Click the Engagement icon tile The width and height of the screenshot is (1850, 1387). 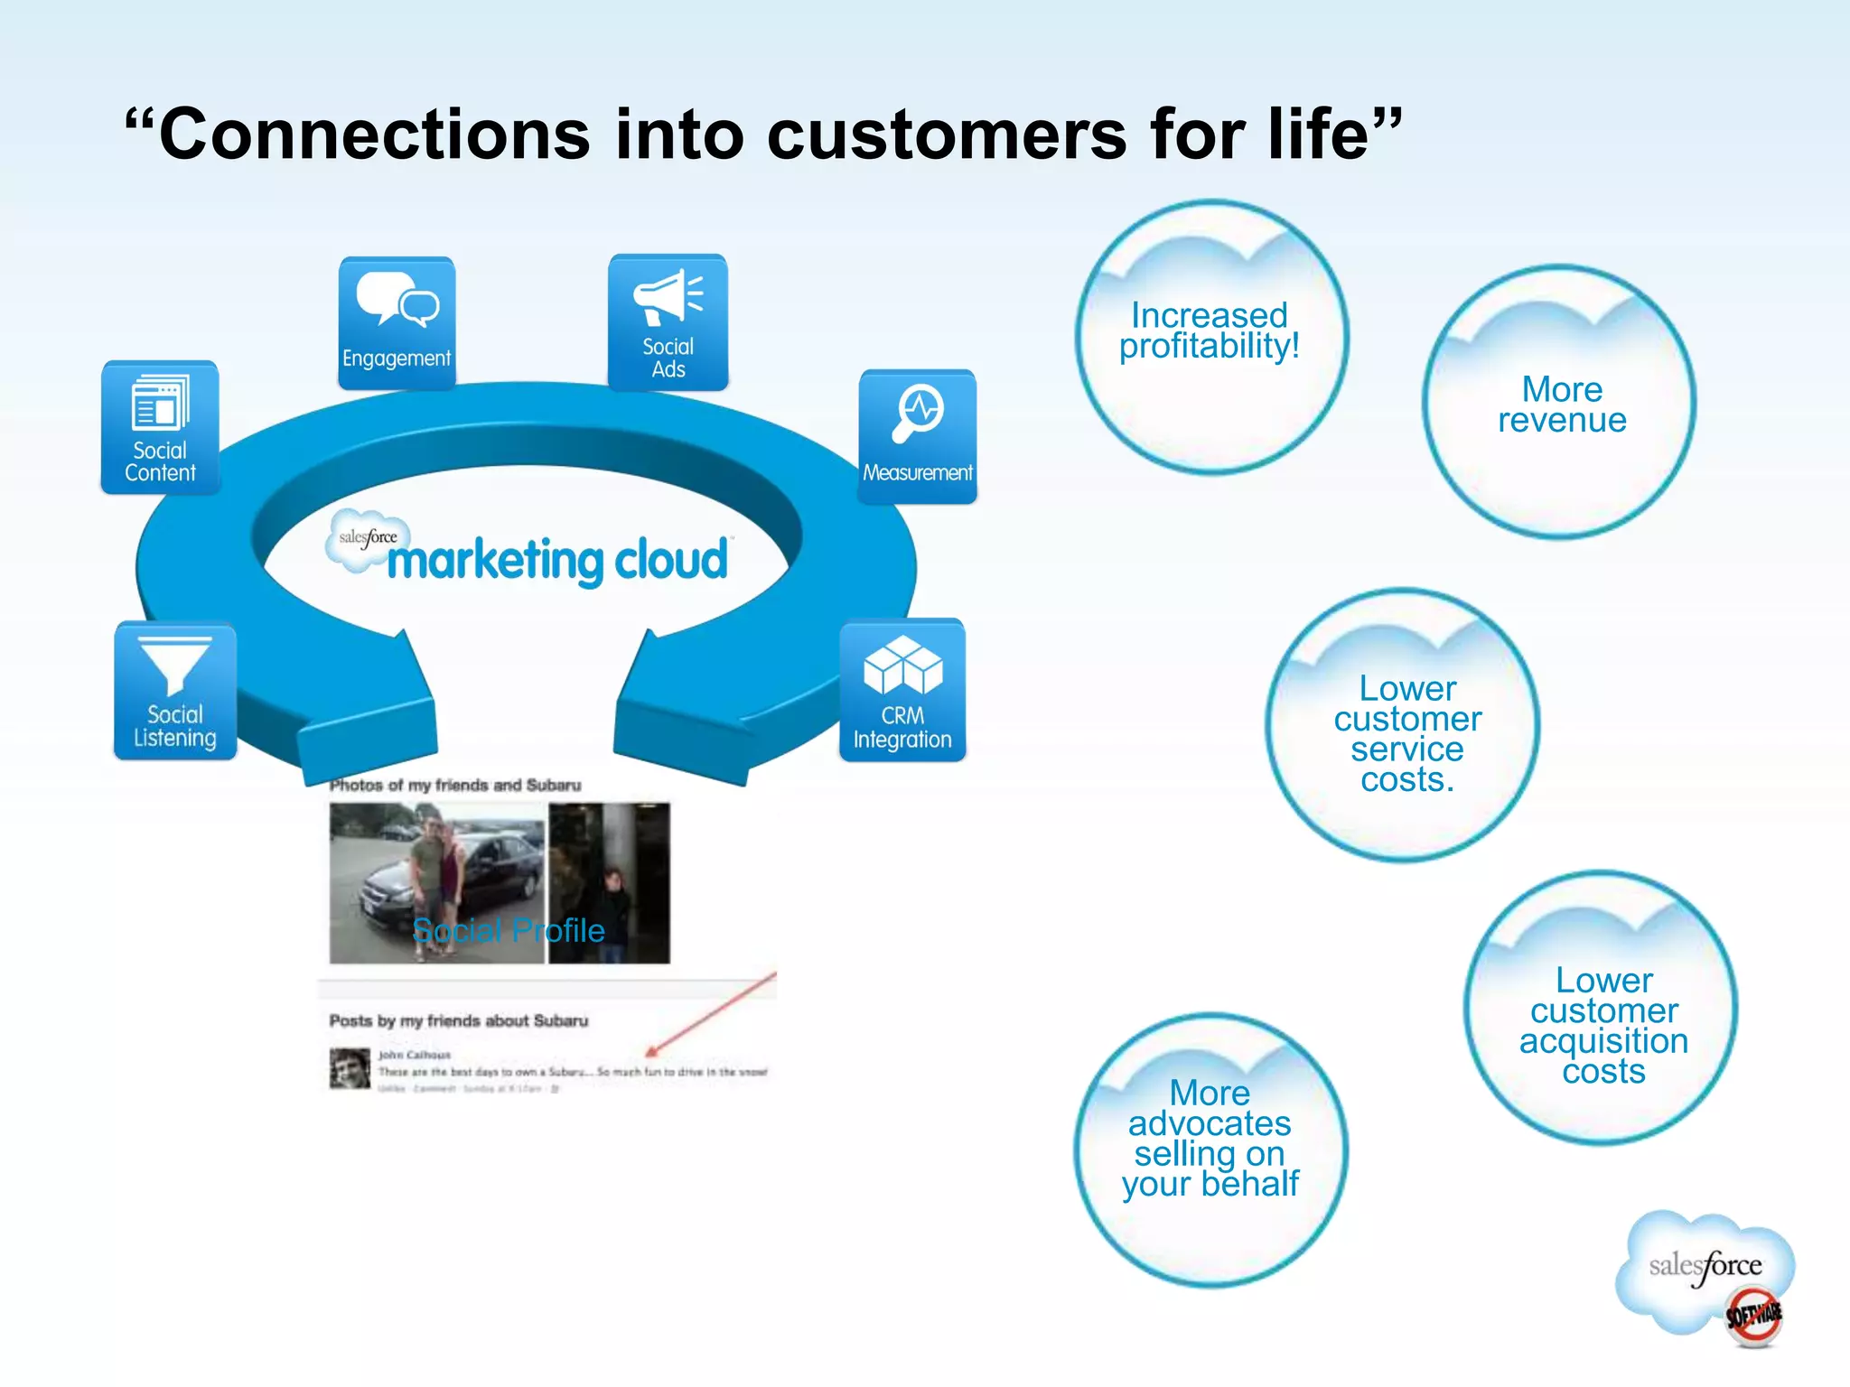[x=397, y=323]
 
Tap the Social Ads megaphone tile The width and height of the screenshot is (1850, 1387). [x=668, y=322]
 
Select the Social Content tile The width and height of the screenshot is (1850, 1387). [x=160, y=427]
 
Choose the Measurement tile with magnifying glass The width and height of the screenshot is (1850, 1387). [x=917, y=436]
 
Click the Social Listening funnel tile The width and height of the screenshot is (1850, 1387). [x=175, y=691]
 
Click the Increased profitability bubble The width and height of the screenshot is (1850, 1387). [x=1210, y=336]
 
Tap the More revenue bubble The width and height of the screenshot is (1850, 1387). [x=1560, y=403]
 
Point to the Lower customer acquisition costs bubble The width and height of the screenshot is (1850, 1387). [x=1602, y=1009]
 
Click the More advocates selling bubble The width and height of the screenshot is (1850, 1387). [x=1210, y=1150]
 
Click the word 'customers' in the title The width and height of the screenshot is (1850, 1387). [x=947, y=135]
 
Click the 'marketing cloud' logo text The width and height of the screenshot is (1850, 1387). [x=556, y=560]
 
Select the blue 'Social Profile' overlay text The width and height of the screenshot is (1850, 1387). [x=509, y=930]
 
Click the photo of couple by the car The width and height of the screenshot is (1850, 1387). [x=437, y=882]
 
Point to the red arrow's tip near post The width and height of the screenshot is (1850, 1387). [x=649, y=1054]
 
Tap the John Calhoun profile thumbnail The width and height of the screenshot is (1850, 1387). [x=350, y=1068]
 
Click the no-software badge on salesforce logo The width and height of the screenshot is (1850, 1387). [x=1752, y=1316]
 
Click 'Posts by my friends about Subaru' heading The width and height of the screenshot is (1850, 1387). [x=458, y=1020]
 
